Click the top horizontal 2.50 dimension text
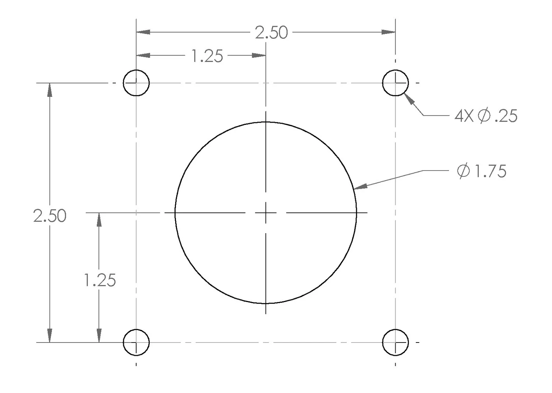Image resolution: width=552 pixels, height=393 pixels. click(x=271, y=33)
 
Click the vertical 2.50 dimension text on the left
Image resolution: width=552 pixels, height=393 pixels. click(x=50, y=216)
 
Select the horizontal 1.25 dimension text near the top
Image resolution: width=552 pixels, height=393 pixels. click(x=207, y=56)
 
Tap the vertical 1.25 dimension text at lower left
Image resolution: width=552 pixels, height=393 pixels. click(x=100, y=280)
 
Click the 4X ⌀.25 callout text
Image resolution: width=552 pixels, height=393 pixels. click(x=486, y=116)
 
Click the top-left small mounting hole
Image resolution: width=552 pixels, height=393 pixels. click(x=136, y=83)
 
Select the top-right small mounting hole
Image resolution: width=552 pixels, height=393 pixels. click(x=395, y=83)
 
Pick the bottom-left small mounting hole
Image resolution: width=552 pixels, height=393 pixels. click(x=136, y=342)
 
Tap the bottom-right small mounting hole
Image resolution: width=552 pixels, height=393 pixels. click(x=395, y=342)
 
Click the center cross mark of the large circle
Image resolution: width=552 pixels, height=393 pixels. click(x=266, y=213)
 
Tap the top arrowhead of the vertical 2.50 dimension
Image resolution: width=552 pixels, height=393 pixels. click(x=50, y=90)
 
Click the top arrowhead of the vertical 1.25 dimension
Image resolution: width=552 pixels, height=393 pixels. click(x=99, y=220)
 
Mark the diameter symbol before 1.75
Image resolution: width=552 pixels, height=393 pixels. click(x=463, y=171)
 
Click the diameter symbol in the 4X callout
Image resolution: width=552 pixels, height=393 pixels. click(x=484, y=116)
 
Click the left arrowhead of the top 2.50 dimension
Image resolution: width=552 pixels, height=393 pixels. click(x=143, y=32)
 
